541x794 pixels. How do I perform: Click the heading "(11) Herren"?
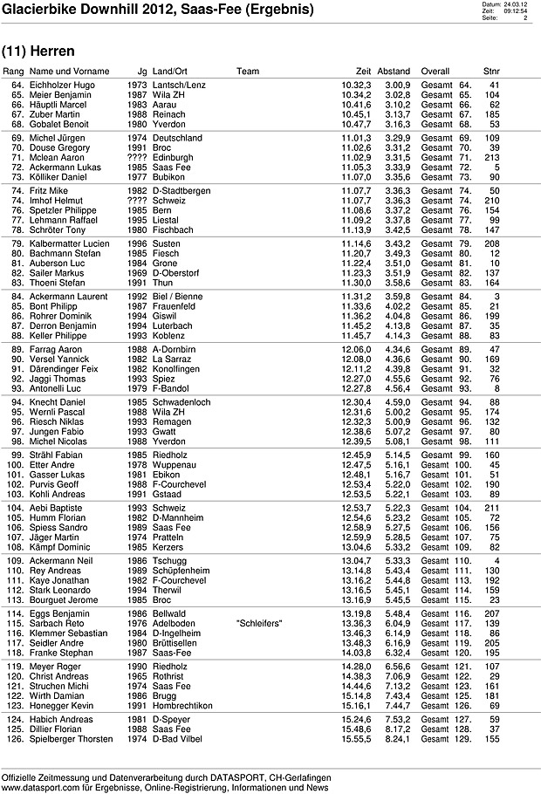[38, 51]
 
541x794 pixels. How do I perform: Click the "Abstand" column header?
[394, 71]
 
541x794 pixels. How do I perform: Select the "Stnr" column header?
[491, 71]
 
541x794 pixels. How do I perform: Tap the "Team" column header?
[248, 71]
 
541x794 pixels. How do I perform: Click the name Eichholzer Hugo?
[62, 85]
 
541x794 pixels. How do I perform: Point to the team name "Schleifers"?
[257, 648]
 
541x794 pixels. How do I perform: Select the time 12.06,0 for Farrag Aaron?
[357, 349]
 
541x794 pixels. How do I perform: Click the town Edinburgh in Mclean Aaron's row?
[175, 157]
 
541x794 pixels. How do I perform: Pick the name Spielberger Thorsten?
[72, 739]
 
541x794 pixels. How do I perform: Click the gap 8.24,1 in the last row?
[398, 739]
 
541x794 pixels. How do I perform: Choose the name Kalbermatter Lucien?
[70, 243]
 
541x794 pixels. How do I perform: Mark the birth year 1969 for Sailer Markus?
[137, 272]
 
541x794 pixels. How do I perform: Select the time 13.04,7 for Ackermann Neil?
[357, 560]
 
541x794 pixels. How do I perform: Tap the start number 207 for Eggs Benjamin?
[492, 639]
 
